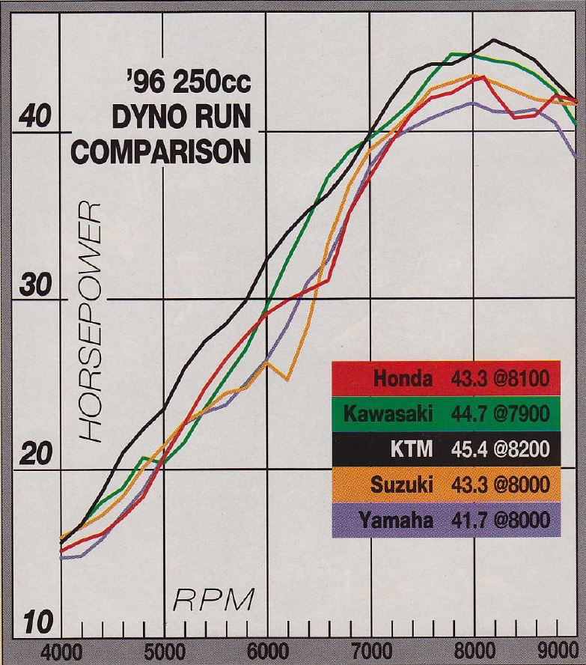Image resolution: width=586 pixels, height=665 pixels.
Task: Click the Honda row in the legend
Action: coord(446,379)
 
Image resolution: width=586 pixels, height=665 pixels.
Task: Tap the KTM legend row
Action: coord(446,449)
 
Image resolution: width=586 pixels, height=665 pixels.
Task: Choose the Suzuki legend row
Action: coord(446,485)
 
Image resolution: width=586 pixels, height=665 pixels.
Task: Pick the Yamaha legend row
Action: coord(446,520)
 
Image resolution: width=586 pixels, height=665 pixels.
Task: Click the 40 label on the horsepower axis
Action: coord(32,119)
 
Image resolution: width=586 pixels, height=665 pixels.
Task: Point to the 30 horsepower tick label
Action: coord(32,288)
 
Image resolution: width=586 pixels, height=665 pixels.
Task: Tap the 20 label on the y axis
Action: coord(32,456)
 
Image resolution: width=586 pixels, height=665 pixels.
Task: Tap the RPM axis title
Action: coord(214,600)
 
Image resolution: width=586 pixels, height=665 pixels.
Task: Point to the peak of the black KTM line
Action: coord(494,40)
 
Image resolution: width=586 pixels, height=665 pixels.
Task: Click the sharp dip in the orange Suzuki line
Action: coord(287,379)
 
